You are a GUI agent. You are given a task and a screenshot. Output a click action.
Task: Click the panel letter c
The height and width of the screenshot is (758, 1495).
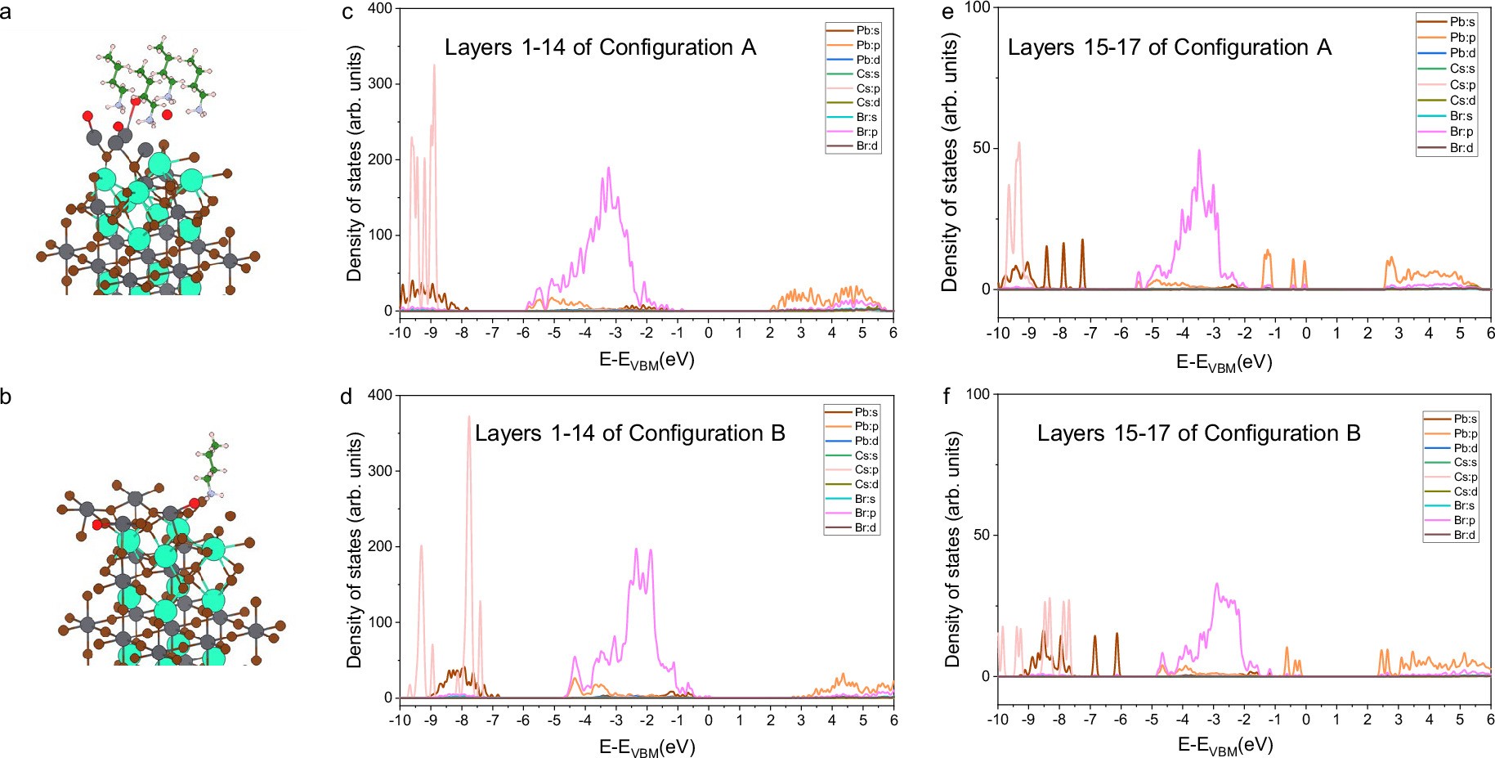(347, 12)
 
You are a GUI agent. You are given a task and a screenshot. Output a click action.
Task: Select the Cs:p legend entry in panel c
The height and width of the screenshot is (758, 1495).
(867, 88)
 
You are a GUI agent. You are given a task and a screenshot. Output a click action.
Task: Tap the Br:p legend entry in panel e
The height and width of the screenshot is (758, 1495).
(1461, 132)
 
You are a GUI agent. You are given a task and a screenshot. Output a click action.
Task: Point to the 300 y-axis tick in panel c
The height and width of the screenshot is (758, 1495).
(380, 83)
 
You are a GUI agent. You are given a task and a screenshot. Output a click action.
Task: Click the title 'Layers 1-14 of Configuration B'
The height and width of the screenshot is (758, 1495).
(629, 433)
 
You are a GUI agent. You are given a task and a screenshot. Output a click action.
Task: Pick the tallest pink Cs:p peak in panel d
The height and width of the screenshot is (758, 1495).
(468, 417)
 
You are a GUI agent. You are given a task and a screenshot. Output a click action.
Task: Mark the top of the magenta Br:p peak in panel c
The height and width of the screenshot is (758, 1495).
(609, 168)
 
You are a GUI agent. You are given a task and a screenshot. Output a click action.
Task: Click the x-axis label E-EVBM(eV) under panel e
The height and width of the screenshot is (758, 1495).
(1224, 362)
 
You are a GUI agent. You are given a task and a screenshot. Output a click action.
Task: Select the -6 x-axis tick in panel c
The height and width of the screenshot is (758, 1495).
(523, 333)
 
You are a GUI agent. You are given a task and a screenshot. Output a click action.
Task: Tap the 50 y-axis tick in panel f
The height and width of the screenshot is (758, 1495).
(980, 535)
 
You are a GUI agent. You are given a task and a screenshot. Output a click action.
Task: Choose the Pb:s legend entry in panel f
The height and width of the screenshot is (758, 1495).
(1465, 419)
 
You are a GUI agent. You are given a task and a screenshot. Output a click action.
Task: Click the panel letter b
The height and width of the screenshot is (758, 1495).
(6, 398)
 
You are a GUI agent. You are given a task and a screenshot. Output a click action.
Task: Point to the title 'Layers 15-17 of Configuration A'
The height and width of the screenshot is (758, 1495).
(1169, 47)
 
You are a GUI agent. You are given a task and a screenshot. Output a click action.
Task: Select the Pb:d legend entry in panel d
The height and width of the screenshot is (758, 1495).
(866, 441)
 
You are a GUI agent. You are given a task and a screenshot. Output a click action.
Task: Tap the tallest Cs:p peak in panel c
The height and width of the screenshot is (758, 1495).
(434, 65)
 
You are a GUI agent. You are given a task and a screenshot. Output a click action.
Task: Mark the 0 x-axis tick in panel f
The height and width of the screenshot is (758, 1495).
(1305, 720)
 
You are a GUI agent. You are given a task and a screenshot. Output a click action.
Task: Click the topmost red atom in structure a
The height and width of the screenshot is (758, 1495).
(87, 116)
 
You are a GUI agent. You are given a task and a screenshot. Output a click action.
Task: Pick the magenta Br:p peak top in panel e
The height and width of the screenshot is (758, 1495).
(1199, 150)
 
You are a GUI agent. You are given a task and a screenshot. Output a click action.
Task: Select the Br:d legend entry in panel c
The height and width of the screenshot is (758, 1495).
(866, 146)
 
